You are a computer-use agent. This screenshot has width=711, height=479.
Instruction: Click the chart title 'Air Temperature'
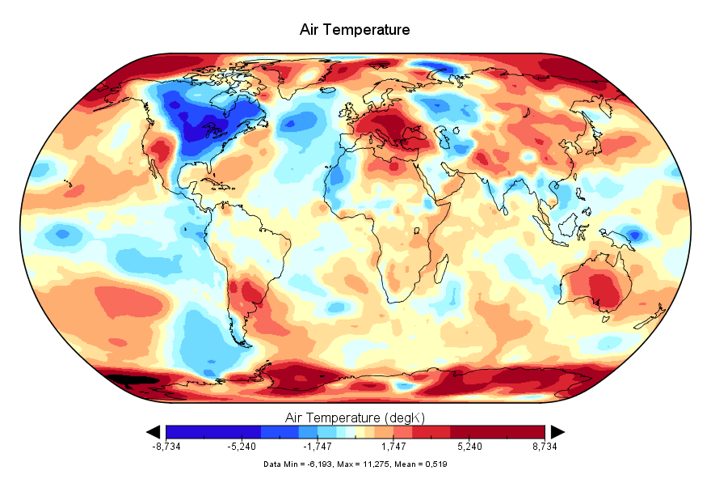tap(355, 30)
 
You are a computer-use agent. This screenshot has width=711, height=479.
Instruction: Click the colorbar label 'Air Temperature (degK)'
tap(355, 418)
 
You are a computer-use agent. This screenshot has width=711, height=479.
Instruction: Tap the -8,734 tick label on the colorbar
tap(166, 446)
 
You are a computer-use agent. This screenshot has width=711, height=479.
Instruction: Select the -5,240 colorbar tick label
tap(242, 446)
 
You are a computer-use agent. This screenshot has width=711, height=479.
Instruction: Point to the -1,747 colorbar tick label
tap(317, 446)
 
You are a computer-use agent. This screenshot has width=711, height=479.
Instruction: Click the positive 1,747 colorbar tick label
tap(393, 446)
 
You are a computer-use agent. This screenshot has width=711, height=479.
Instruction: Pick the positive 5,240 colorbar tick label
tap(469, 446)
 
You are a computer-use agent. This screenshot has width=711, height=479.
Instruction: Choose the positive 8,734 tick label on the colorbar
tap(545, 446)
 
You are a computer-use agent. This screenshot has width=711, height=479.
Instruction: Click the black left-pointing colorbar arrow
tap(154, 432)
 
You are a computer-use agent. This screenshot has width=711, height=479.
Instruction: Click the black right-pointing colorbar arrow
tap(557, 432)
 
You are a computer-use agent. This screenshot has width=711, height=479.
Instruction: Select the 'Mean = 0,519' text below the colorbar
tap(421, 464)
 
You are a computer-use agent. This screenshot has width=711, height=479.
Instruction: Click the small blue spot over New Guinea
tap(635, 235)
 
